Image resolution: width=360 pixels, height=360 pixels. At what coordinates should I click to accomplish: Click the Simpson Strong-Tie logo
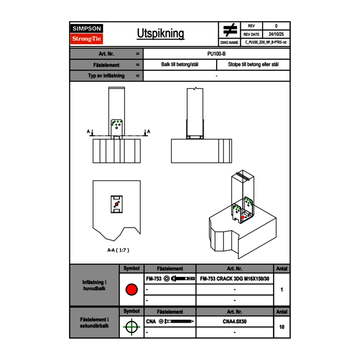pyautogui.click(x=87, y=34)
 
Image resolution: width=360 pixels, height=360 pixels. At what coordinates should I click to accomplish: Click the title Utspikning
pyautogui.click(x=160, y=34)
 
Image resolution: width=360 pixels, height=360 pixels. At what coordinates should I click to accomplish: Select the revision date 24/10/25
pyautogui.click(x=276, y=34)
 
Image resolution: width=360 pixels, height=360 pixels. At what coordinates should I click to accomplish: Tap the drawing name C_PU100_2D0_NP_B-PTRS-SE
pyautogui.click(x=265, y=42)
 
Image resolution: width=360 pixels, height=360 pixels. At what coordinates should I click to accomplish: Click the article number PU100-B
pyautogui.click(x=216, y=54)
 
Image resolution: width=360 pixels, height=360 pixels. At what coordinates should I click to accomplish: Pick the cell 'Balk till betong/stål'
pyautogui.click(x=180, y=65)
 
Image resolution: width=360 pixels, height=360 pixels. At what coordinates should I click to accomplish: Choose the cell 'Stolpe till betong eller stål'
pyautogui.click(x=253, y=65)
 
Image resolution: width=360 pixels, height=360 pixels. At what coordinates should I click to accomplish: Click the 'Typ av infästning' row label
pyautogui.click(x=106, y=76)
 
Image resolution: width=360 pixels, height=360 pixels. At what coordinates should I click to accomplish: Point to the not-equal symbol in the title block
pyautogui.click(x=230, y=30)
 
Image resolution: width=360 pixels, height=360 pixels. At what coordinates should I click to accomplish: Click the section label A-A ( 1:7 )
pyautogui.click(x=118, y=250)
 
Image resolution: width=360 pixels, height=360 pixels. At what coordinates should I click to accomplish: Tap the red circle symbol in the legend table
pyautogui.click(x=131, y=290)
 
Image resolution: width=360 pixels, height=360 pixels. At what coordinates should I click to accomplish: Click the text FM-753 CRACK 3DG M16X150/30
pyautogui.click(x=234, y=279)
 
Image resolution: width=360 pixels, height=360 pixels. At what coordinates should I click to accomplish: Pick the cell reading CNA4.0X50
pyautogui.click(x=234, y=322)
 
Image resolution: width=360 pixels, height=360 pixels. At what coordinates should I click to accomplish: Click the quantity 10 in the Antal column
pyautogui.click(x=281, y=327)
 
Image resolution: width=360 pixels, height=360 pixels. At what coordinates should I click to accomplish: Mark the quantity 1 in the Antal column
pyautogui.click(x=281, y=290)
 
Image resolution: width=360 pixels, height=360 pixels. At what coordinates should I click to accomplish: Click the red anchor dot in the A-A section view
pyautogui.click(x=116, y=204)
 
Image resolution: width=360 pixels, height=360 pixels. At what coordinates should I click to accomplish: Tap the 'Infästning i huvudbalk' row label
pyautogui.click(x=94, y=286)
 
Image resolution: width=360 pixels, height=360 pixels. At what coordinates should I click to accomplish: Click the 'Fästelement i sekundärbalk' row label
pyautogui.click(x=94, y=322)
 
